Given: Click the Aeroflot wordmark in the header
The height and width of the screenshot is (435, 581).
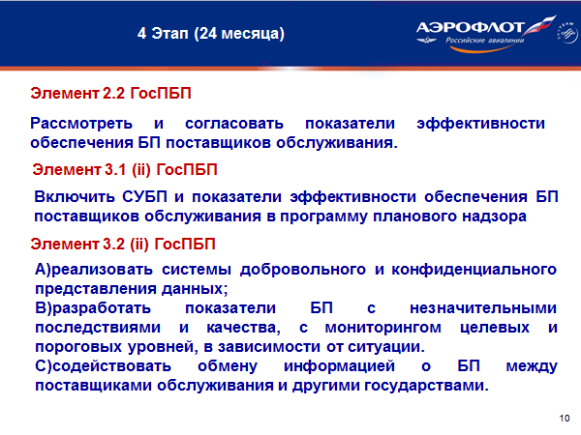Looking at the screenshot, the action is click(470, 27).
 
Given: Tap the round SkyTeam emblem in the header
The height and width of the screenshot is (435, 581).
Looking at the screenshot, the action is click(566, 33).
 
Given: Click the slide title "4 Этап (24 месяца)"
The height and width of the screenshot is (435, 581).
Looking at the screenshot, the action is click(211, 33).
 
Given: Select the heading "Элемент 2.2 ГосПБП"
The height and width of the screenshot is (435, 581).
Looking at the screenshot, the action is click(110, 93).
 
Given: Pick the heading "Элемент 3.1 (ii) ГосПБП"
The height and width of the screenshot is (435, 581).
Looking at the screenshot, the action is click(125, 170).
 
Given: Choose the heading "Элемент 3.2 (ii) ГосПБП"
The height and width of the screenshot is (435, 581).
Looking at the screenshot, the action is click(123, 245).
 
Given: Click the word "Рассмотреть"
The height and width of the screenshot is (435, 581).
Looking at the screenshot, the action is click(81, 123).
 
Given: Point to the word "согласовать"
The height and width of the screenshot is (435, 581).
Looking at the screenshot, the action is click(234, 124).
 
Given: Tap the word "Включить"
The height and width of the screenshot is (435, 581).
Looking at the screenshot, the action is click(75, 197).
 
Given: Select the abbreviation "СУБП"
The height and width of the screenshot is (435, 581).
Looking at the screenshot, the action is click(145, 196).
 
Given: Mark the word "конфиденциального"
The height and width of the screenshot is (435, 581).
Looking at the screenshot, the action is click(474, 270).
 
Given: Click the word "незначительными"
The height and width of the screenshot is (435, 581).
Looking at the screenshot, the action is click(483, 308).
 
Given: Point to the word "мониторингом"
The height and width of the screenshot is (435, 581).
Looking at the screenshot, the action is click(383, 328).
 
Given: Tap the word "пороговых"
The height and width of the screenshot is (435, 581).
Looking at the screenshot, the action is click(78, 347).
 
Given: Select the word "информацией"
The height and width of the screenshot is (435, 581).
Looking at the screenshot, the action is click(340, 366).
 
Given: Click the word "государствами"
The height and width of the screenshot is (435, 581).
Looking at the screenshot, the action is click(426, 386).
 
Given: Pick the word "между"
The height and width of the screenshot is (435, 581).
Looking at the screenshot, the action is click(532, 366).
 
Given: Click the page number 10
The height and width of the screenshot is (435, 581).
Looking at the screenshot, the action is click(565, 419).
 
